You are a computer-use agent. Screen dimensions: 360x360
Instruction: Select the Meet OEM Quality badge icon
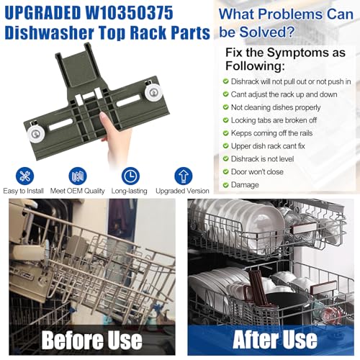[x=78, y=176]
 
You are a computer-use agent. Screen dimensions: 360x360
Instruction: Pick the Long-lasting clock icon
[x=130, y=176]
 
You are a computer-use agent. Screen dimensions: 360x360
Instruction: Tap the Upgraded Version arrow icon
[x=184, y=176]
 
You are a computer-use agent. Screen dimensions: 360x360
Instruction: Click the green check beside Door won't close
[x=225, y=171]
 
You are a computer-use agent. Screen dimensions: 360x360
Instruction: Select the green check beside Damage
[x=225, y=184]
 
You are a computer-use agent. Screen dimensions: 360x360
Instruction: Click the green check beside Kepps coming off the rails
[x=225, y=132]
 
